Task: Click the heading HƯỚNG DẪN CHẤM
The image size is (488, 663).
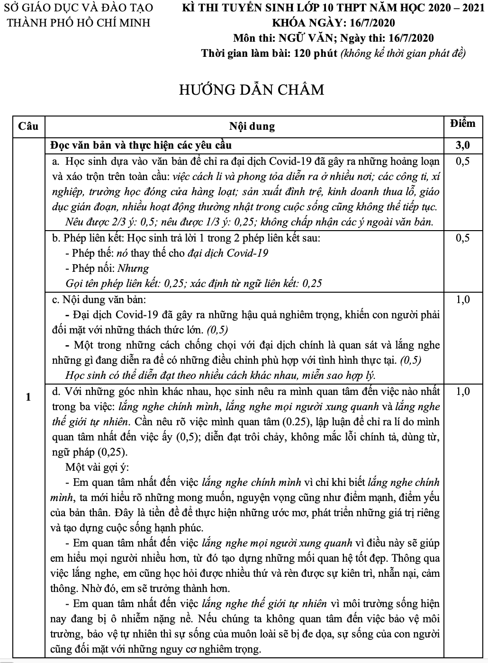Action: pyautogui.click(x=252, y=90)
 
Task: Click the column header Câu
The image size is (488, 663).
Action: pyautogui.click(x=28, y=126)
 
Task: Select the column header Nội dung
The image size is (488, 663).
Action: pyautogui.click(x=252, y=126)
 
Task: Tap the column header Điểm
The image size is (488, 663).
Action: pyautogui.click(x=462, y=124)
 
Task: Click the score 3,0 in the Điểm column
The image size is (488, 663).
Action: pyautogui.click(x=462, y=145)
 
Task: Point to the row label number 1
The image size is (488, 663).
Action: pyautogui.click(x=28, y=397)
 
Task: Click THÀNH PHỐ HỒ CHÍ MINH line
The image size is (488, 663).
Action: pyautogui.click(x=78, y=23)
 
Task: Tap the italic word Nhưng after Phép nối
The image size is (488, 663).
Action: pyautogui.click(x=133, y=269)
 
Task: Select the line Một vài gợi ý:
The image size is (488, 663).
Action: pyautogui.click(x=97, y=467)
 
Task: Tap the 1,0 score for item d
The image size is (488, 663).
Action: pyautogui.click(x=462, y=392)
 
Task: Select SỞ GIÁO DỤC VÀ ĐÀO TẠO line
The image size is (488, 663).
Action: pyautogui.click(x=79, y=8)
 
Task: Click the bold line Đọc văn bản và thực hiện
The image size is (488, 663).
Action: pyautogui.click(x=141, y=145)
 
